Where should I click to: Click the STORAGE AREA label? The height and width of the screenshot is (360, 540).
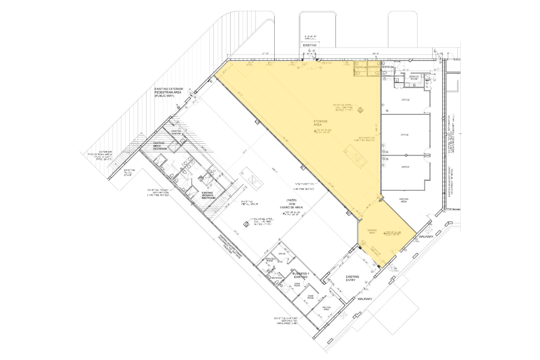(x=320, y=123)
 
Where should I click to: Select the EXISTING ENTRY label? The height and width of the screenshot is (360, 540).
(x=352, y=278)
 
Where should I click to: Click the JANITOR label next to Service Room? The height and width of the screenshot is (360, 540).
(x=399, y=76)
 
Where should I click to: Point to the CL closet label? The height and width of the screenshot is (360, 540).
(x=427, y=87)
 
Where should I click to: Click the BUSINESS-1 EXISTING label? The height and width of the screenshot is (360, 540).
(x=301, y=275)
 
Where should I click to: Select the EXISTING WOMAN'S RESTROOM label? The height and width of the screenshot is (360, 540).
(x=209, y=195)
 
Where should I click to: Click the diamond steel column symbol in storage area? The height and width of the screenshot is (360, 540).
(x=360, y=110)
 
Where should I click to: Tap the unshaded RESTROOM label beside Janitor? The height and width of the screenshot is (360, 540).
(x=388, y=67)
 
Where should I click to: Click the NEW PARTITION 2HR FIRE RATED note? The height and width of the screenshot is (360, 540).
(x=305, y=186)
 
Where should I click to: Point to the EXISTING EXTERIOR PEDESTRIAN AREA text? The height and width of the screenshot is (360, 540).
(x=169, y=93)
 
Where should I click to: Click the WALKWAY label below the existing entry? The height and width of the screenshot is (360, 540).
(x=365, y=299)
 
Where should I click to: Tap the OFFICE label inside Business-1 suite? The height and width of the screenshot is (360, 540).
(x=282, y=254)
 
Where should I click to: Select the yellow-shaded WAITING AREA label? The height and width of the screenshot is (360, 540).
(x=372, y=232)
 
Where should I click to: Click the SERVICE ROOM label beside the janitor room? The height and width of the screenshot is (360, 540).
(x=414, y=78)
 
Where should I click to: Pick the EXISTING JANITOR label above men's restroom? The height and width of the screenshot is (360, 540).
(x=176, y=132)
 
